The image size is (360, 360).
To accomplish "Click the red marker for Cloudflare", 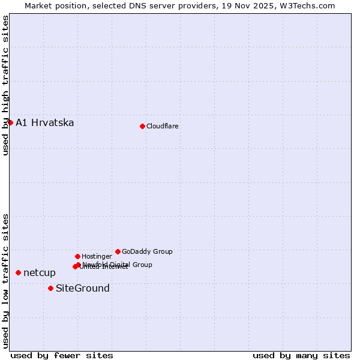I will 142,126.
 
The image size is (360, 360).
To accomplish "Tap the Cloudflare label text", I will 163,126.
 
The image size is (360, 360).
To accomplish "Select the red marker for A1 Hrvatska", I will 10,122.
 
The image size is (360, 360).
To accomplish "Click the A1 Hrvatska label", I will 45,123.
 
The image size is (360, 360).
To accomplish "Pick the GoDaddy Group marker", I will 118,251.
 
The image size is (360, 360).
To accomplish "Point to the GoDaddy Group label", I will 147,251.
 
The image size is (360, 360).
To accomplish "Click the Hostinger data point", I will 77,256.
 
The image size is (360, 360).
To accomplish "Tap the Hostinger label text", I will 97,256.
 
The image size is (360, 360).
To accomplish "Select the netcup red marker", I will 18,272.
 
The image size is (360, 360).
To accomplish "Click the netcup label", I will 40,273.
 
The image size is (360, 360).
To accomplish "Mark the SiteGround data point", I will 50,288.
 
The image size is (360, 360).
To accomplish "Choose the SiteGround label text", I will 83,289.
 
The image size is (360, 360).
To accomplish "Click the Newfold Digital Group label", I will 118,265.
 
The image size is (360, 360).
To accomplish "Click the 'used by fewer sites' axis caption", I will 62,355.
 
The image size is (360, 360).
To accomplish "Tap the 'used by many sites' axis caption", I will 301,355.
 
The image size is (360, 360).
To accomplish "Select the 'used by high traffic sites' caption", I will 5,85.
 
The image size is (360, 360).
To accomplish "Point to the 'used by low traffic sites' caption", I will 5,281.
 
